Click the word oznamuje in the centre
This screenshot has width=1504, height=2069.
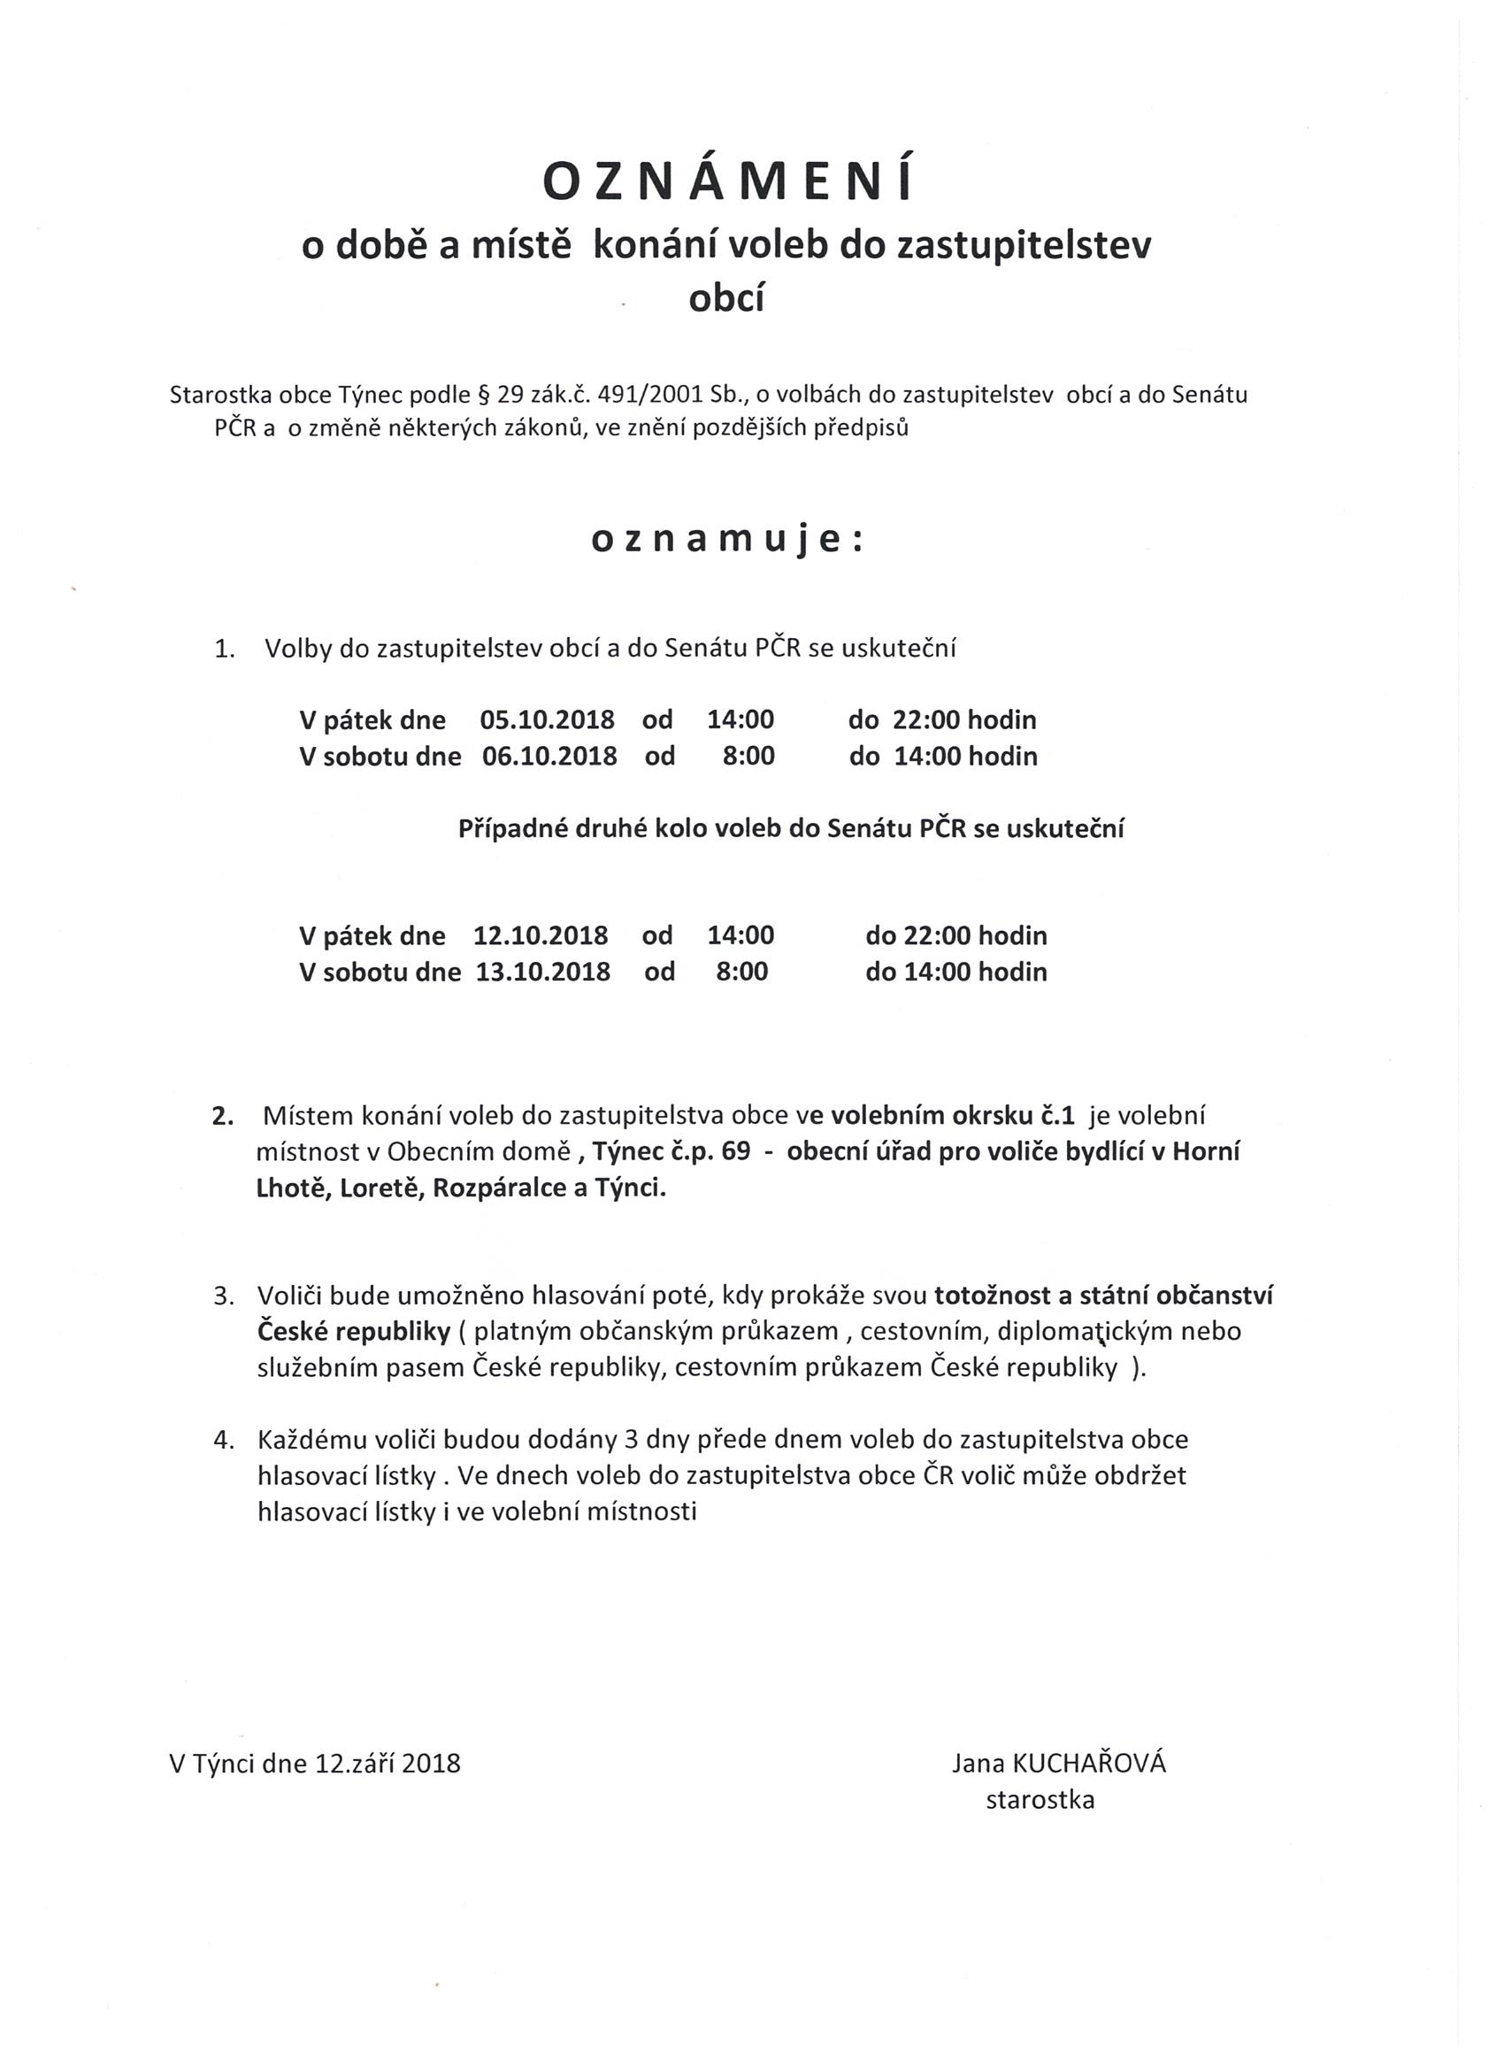click(x=726, y=540)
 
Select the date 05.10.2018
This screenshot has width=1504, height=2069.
click(x=548, y=719)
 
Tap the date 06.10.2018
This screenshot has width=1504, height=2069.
click(x=549, y=757)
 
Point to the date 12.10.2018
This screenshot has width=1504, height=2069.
click(x=540, y=935)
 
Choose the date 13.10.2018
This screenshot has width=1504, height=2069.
click(x=542, y=972)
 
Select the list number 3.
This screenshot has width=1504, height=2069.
click(x=224, y=1296)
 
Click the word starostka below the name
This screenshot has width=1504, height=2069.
click(x=1040, y=1800)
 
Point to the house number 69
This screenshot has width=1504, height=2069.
click(x=735, y=1152)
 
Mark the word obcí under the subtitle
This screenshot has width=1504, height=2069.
click(x=726, y=299)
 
